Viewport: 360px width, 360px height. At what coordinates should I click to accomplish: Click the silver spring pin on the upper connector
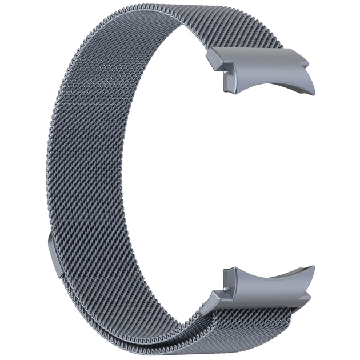[x=228, y=73]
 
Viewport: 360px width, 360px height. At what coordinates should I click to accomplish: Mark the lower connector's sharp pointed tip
[x=313, y=267]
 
